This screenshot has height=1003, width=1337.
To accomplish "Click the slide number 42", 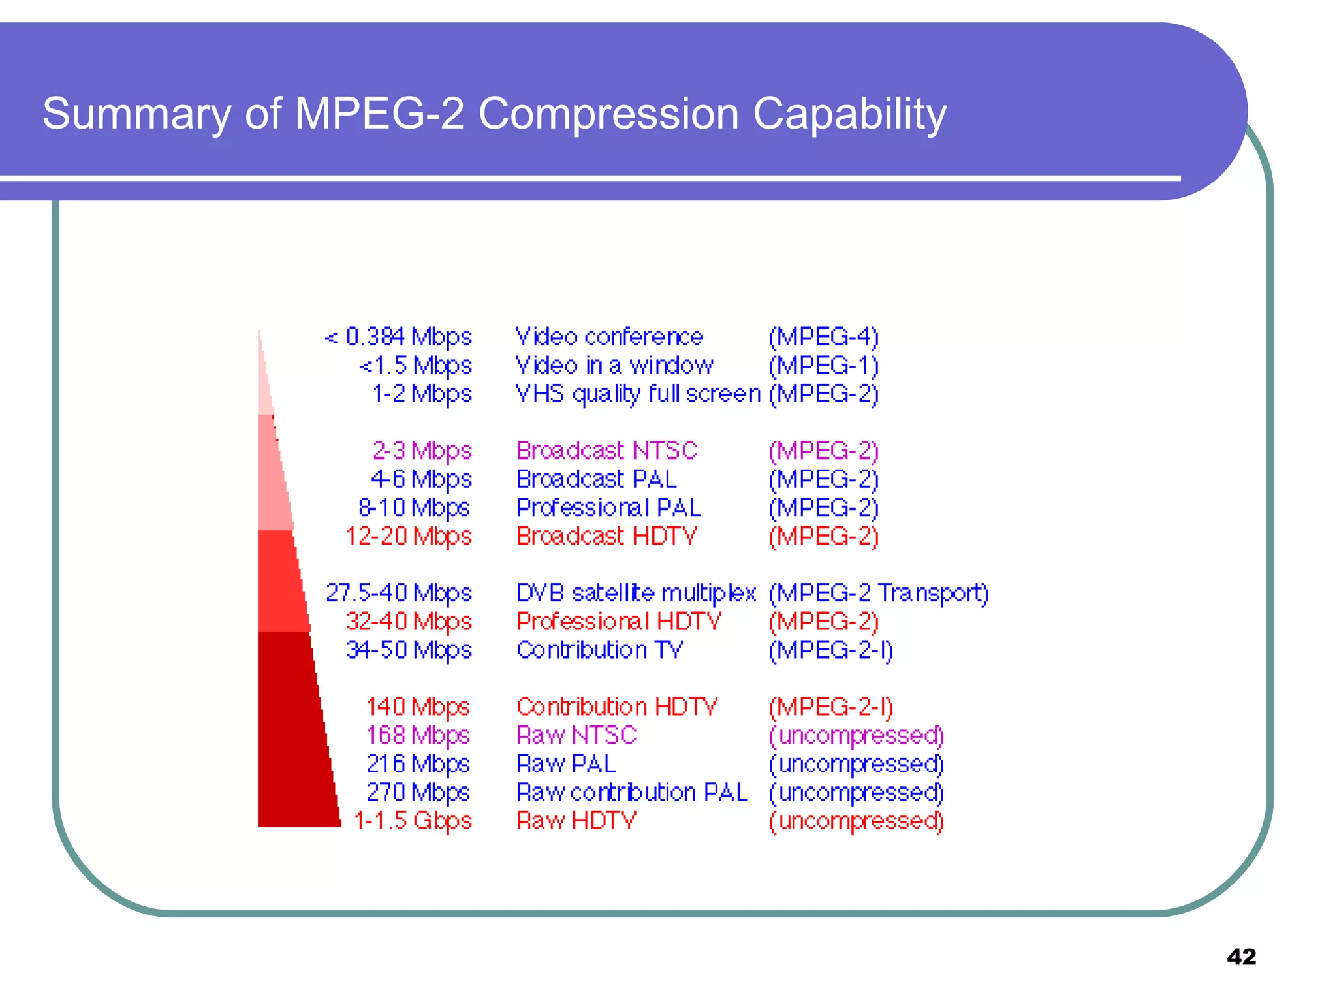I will [x=1241, y=957].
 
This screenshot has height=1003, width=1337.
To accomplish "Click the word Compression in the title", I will [x=608, y=114].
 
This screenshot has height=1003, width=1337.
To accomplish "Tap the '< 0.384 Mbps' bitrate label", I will [x=398, y=337].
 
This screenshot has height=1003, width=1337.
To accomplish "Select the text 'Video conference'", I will [x=609, y=337].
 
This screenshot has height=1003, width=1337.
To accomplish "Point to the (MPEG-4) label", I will [x=823, y=337].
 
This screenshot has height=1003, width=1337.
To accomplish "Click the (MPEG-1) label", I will [x=823, y=366].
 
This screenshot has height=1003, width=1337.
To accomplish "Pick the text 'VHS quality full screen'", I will [x=638, y=394].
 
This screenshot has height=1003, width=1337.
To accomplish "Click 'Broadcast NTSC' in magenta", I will [x=606, y=451].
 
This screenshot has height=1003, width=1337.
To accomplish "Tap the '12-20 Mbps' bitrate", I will [x=409, y=536].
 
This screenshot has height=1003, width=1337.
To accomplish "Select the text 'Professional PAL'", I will [x=608, y=507].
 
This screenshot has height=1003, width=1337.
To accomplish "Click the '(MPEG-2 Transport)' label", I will [x=878, y=593].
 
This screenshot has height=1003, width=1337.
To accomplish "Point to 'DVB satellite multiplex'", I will [x=636, y=593].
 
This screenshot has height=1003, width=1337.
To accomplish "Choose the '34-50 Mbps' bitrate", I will [x=409, y=650].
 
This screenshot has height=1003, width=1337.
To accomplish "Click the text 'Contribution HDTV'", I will [x=616, y=707].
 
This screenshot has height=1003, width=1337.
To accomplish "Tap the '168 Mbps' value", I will [x=418, y=735].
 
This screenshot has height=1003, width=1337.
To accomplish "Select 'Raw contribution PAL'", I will [x=632, y=792].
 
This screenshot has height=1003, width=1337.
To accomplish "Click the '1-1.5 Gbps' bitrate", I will [x=413, y=821].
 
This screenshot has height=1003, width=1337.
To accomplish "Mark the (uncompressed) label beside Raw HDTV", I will [x=856, y=821].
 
